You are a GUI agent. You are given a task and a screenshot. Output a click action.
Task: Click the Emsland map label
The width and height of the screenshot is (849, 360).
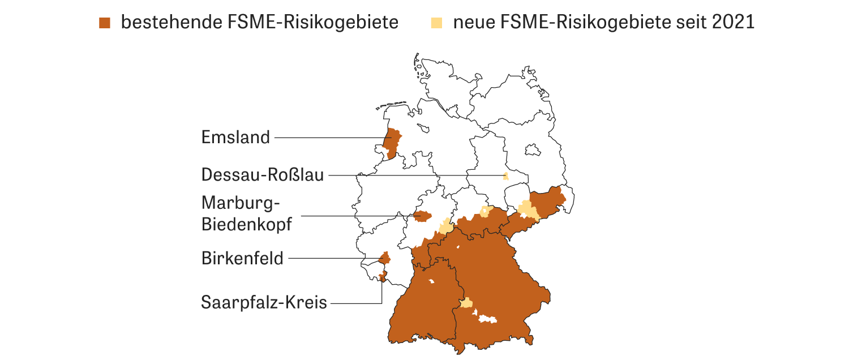[x=235, y=138]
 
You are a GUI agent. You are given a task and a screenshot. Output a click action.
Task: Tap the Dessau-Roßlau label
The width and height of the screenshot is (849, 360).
[x=263, y=175]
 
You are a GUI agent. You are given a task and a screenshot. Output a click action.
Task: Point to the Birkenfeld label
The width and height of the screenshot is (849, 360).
[x=242, y=259]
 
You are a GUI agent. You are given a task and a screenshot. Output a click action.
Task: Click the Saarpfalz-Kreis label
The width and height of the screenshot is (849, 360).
[x=264, y=302]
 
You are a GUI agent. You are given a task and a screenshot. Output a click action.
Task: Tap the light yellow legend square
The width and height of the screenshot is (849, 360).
[x=436, y=23]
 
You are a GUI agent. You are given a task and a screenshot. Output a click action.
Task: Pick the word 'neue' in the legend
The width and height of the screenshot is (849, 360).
[x=474, y=23]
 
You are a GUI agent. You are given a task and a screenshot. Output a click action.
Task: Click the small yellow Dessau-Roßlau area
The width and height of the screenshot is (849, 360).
[x=506, y=176]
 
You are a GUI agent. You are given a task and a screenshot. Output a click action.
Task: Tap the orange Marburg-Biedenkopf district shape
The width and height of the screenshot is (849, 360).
[x=422, y=216]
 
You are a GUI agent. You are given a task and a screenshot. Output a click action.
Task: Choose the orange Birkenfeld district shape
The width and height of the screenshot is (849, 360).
[x=385, y=259]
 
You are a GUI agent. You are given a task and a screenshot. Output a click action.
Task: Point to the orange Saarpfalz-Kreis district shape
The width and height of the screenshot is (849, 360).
[x=383, y=276]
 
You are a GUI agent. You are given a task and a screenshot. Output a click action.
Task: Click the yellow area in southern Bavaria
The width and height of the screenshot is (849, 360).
[x=466, y=303]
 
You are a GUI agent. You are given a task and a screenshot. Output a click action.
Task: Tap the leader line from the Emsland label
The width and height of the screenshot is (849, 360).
[x=328, y=138]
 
